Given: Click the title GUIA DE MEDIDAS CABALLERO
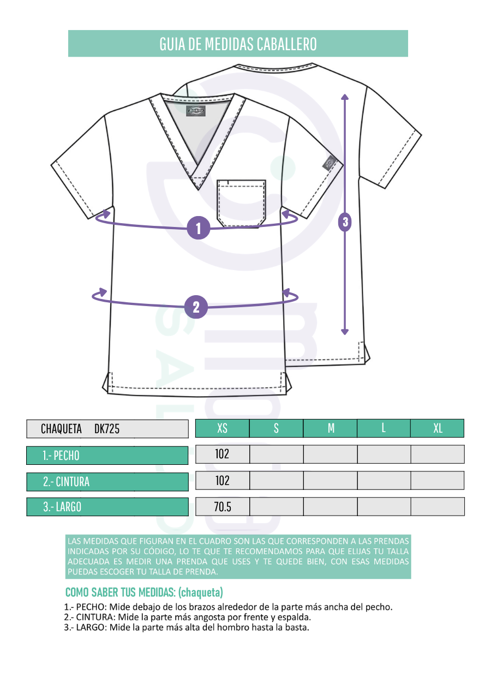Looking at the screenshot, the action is coord(238,44).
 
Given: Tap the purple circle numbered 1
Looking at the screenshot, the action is coord(199,228).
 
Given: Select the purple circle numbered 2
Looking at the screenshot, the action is coord(196,307).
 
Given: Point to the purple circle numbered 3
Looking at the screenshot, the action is coord(345,222).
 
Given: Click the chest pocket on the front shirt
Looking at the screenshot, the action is coord(241,203).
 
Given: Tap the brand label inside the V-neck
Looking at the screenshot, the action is coord(196,111).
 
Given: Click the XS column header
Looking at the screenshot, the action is coord(222,428).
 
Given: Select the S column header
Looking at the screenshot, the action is coord(276,428).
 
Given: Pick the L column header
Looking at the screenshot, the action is coord(384,428).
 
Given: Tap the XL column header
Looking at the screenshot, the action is coord(438,428).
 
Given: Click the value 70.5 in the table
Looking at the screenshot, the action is coord(223,507).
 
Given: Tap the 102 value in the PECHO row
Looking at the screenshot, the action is coord(222,454).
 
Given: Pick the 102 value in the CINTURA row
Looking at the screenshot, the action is coord(222,481).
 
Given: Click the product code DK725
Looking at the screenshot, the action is coord(107,429).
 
